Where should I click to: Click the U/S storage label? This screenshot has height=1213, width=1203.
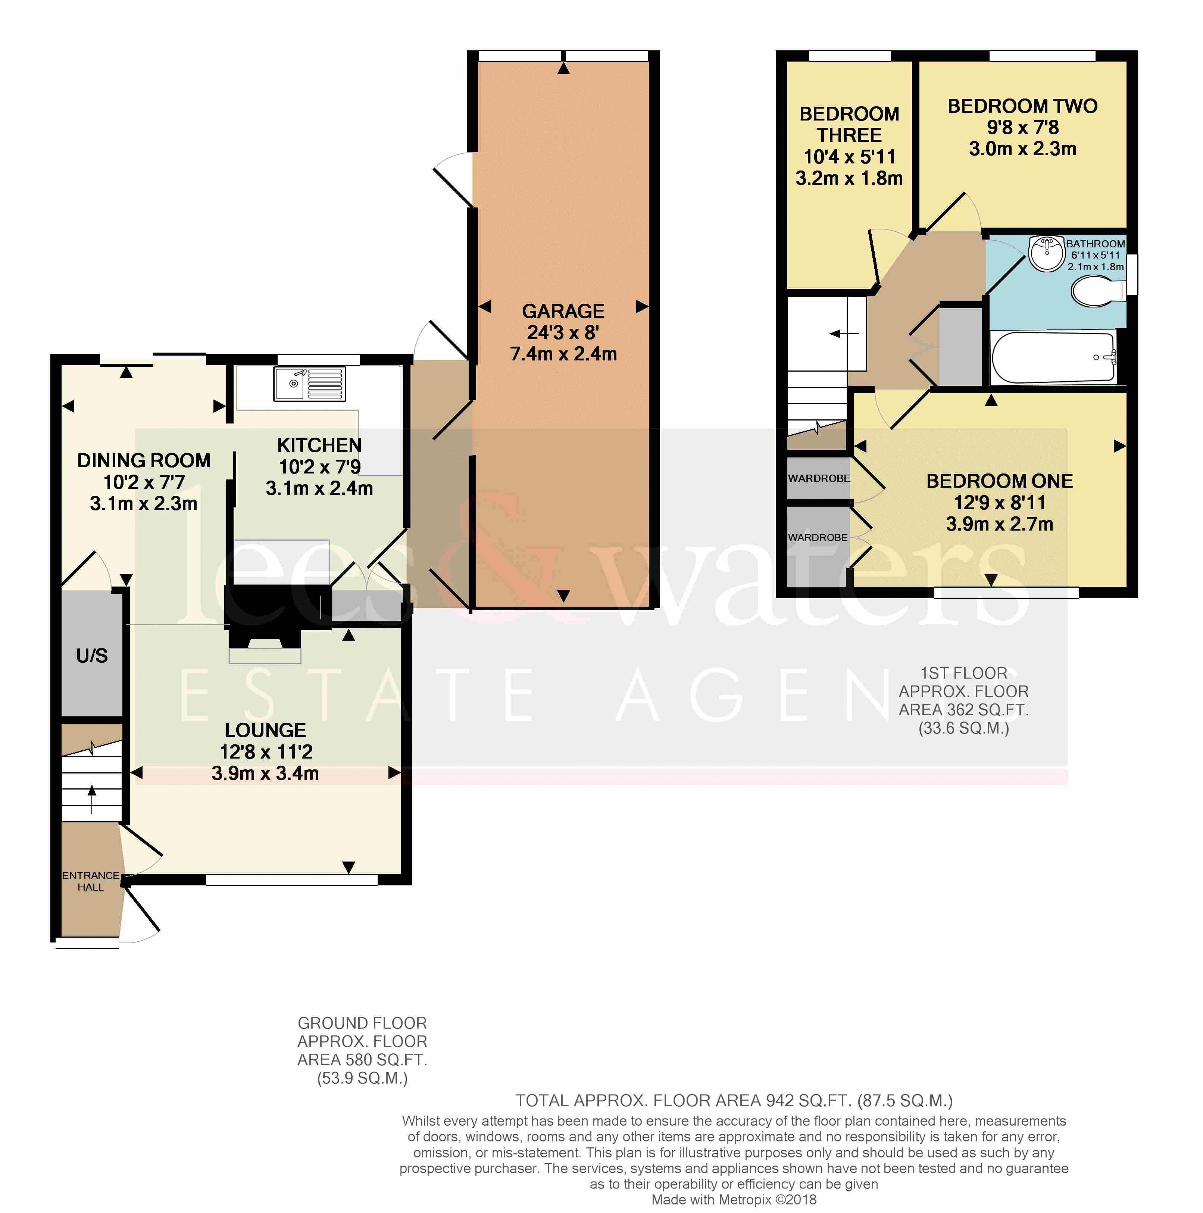pos(92,656)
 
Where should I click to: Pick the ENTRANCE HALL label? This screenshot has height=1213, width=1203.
pos(90,881)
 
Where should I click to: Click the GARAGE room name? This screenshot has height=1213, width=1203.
pos(563,312)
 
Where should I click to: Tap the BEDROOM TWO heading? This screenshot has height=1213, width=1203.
pos(1022,106)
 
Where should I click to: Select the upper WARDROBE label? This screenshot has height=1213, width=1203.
pos(819,478)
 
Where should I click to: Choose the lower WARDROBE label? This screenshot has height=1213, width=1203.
pos(818,537)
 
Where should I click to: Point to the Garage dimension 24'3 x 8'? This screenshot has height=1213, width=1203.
pos(563,333)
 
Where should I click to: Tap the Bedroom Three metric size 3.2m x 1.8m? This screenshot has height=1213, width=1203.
pos(849,178)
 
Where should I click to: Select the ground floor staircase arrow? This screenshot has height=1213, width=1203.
pos(92,798)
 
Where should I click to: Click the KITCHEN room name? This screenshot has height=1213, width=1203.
pos(319,445)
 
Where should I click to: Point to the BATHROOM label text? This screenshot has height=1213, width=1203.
pos(1096,244)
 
